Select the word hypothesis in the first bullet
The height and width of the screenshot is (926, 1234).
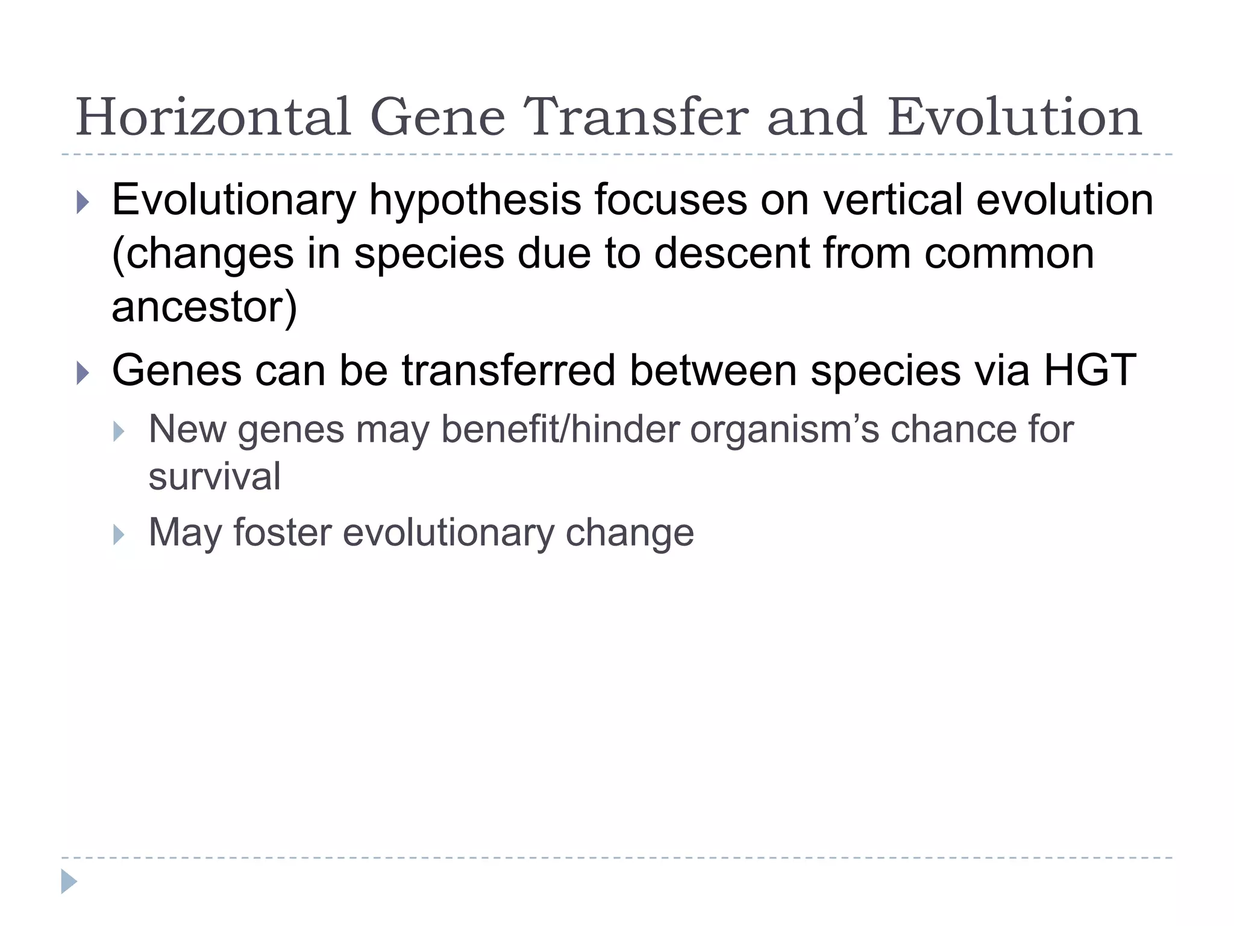475,201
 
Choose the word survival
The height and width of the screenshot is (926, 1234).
215,476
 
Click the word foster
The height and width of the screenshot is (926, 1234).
282,532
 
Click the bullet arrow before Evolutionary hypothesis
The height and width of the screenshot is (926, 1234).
83,203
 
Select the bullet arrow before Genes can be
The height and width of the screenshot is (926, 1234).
83,373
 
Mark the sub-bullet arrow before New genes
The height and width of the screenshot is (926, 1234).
119,431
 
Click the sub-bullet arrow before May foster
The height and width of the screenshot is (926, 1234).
119,534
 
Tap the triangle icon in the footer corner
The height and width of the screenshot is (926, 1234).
69,881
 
